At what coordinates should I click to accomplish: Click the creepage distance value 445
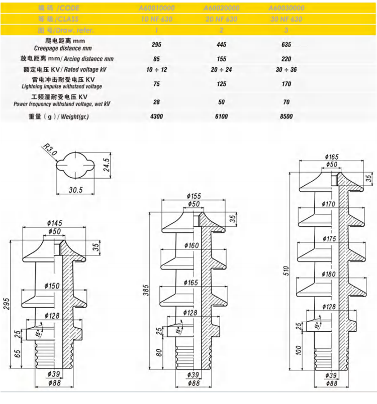(221, 44)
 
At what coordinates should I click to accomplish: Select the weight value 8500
(287, 116)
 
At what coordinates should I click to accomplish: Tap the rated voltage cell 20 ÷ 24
(221, 69)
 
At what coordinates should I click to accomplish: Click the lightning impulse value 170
(287, 84)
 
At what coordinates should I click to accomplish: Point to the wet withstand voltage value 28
(156, 102)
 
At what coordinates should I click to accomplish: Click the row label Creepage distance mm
(63, 48)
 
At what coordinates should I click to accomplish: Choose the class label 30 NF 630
(286, 20)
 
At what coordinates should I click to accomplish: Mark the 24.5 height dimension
(106, 164)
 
